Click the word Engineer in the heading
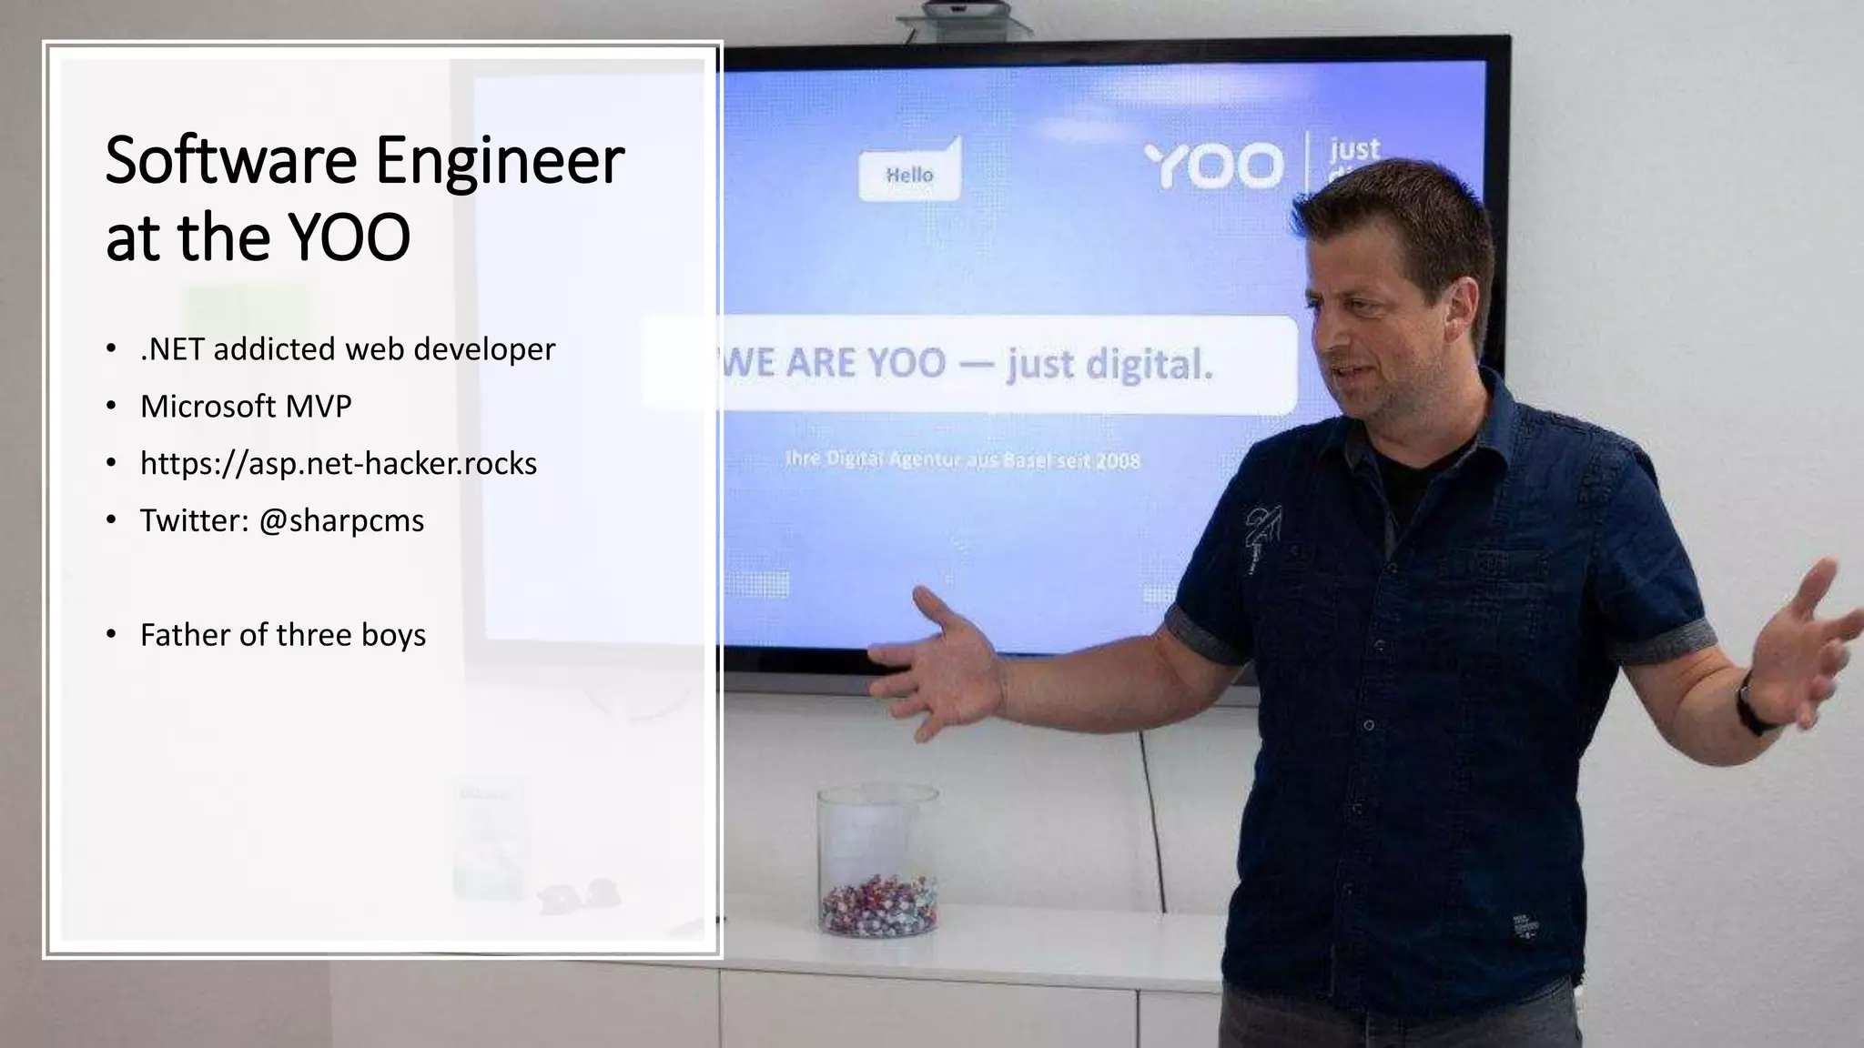tap(500, 161)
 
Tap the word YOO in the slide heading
tap(349, 238)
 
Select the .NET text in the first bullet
tap(173, 349)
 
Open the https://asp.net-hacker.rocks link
tap(339, 464)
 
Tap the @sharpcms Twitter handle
tap(341, 521)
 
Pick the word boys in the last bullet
tap(393, 635)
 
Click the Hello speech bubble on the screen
tap(909, 172)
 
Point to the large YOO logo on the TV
tap(1214, 166)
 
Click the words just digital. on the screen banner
tap(1109, 365)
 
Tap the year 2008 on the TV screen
tap(1118, 461)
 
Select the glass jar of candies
tap(877, 862)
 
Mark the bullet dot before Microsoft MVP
tap(111, 407)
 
